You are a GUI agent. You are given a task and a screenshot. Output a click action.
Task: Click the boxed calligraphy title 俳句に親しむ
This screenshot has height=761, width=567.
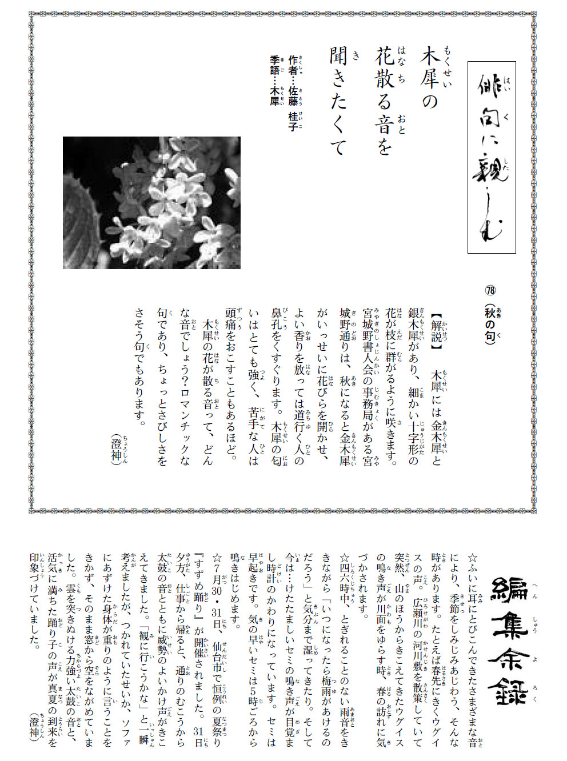pos(492,157)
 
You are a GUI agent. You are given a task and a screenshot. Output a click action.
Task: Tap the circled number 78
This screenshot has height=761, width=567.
pos(490,290)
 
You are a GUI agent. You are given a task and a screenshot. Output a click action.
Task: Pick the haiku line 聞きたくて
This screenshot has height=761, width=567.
pos(338,103)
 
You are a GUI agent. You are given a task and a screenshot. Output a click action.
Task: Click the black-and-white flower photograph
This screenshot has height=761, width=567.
pos(151,202)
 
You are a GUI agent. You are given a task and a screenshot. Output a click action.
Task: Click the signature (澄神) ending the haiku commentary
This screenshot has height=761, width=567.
pos(116,447)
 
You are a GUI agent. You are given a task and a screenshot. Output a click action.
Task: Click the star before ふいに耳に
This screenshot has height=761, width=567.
pos(472,558)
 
